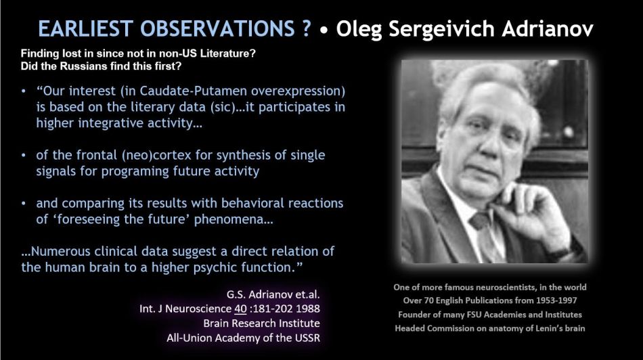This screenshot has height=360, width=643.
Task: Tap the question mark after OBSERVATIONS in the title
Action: pyautogui.click(x=306, y=28)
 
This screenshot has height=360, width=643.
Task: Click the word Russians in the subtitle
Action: pyautogui.click(x=81, y=66)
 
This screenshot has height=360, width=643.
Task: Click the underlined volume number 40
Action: pyautogui.click(x=240, y=309)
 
